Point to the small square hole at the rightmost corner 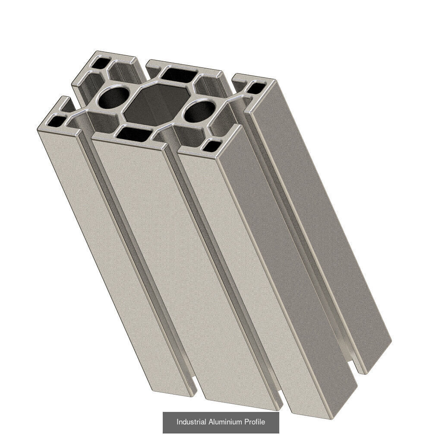point(257,88)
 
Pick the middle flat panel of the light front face point(181,268)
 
